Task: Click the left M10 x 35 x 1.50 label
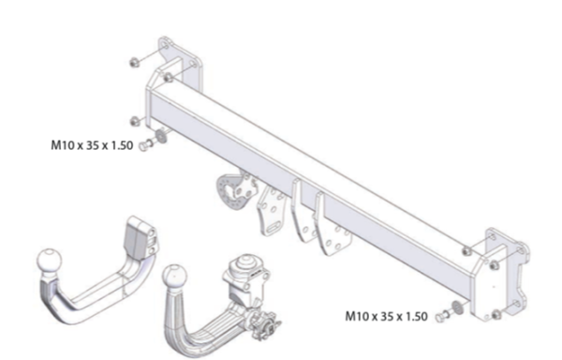92,145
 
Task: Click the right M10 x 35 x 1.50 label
386,316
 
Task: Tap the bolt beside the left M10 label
145,145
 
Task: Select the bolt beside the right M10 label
441,316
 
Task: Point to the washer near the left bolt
161,136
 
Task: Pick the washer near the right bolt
457,307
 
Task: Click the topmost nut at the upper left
134,63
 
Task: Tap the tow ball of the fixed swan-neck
49,261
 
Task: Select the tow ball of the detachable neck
174,277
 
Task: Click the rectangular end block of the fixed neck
140,238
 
